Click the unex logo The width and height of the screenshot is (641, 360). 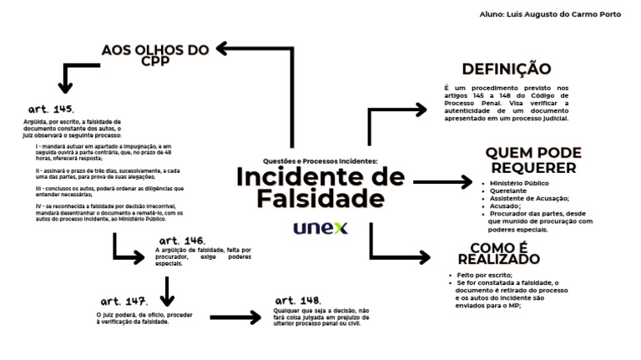point(320,227)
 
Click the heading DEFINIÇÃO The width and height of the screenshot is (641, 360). point(506,69)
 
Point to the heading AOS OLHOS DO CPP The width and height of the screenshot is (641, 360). point(154,55)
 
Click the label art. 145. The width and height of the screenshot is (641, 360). point(52,109)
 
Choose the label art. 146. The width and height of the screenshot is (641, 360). point(182,241)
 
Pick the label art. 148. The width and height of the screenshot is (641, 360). point(298,300)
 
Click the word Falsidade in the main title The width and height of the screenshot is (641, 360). point(320,199)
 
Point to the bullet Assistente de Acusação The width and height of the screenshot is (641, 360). point(529,198)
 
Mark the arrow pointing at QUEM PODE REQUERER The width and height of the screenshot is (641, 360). point(442,181)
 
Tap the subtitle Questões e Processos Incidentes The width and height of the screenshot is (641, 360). point(320,161)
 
